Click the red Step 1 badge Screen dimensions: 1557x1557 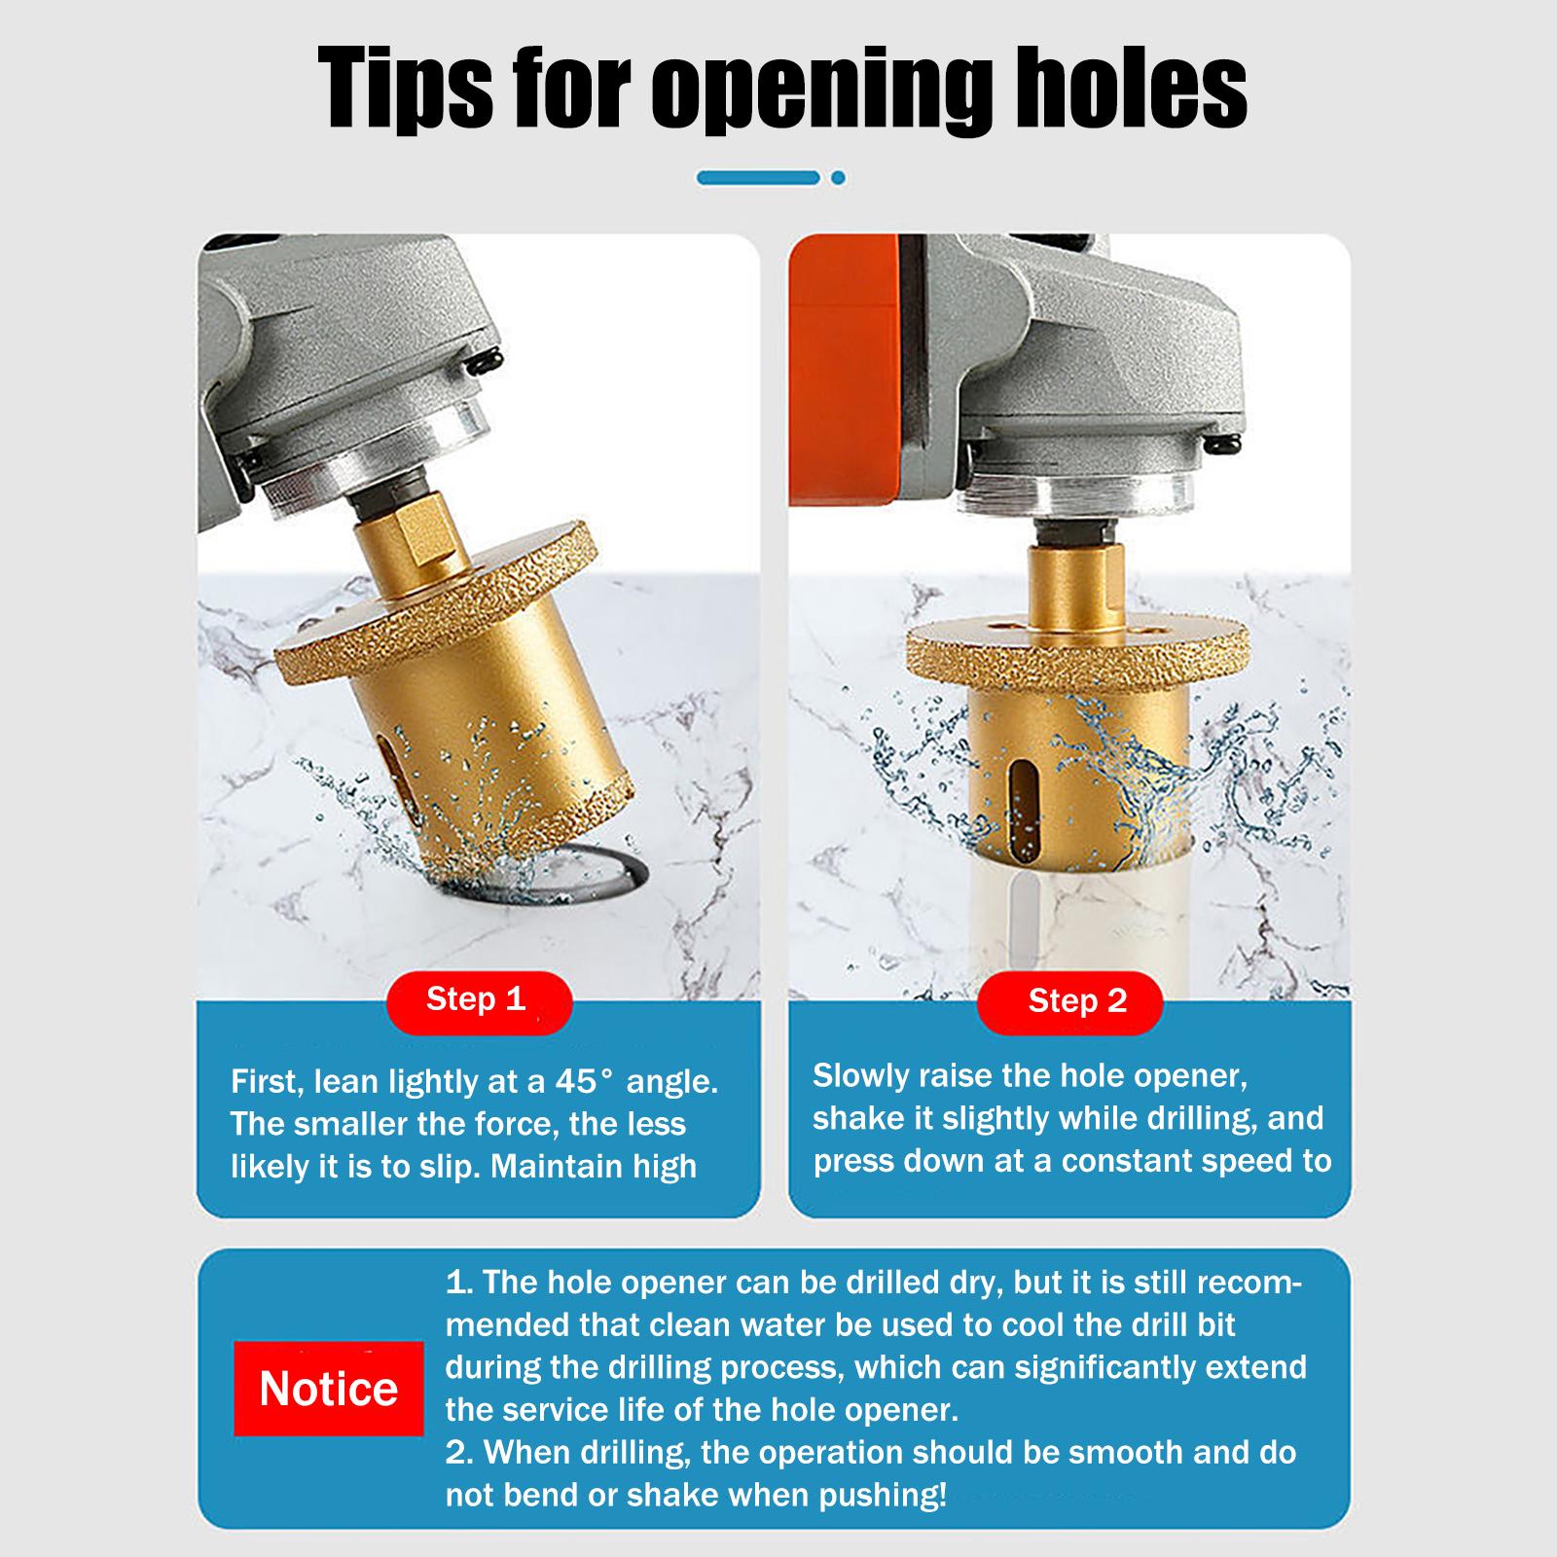(x=476, y=1000)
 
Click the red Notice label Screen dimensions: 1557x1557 (x=329, y=1388)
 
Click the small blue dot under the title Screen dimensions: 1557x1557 (x=838, y=178)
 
